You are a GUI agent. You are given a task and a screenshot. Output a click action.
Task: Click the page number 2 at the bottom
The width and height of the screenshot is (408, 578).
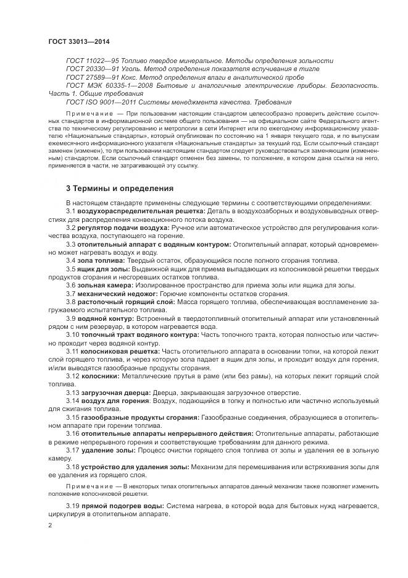(x=51, y=525)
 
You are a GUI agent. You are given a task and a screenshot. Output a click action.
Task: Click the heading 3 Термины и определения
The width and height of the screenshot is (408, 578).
(x=120, y=188)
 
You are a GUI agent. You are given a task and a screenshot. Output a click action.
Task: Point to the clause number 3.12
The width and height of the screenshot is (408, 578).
(x=72, y=376)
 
